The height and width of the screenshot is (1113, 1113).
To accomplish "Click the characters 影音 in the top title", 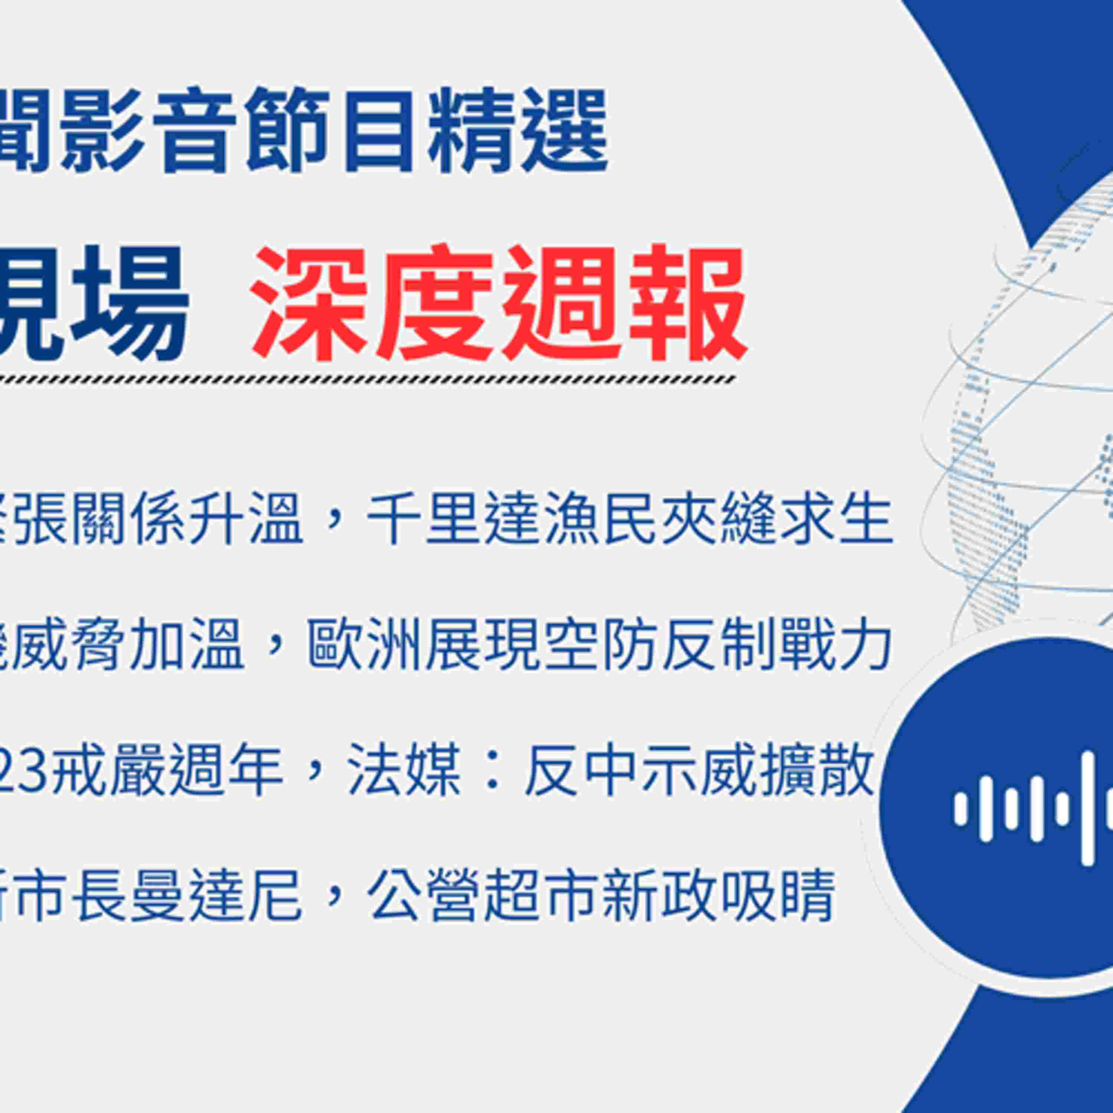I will [150, 131].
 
